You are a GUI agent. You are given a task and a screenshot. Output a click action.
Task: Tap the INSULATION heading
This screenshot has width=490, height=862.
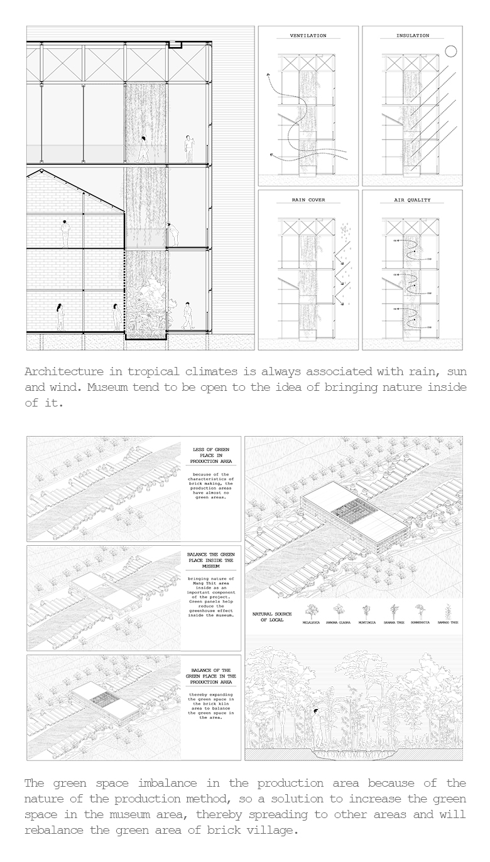point(413,36)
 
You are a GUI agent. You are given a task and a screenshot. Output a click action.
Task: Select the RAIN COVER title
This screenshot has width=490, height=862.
point(308,200)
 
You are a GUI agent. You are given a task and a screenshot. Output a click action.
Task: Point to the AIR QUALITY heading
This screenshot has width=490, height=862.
point(412,200)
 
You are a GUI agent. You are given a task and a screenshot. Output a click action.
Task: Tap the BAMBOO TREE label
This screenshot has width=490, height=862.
point(448,622)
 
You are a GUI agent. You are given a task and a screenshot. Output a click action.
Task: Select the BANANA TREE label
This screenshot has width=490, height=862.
point(394,622)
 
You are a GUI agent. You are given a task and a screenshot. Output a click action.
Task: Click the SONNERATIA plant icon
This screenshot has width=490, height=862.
point(420,609)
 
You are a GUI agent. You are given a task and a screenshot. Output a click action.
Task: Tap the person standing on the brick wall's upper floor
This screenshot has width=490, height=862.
point(64,233)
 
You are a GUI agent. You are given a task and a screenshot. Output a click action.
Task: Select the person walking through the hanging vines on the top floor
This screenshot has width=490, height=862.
point(144,149)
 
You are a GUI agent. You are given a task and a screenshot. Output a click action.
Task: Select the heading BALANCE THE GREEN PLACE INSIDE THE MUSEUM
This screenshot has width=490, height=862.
point(212,560)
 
